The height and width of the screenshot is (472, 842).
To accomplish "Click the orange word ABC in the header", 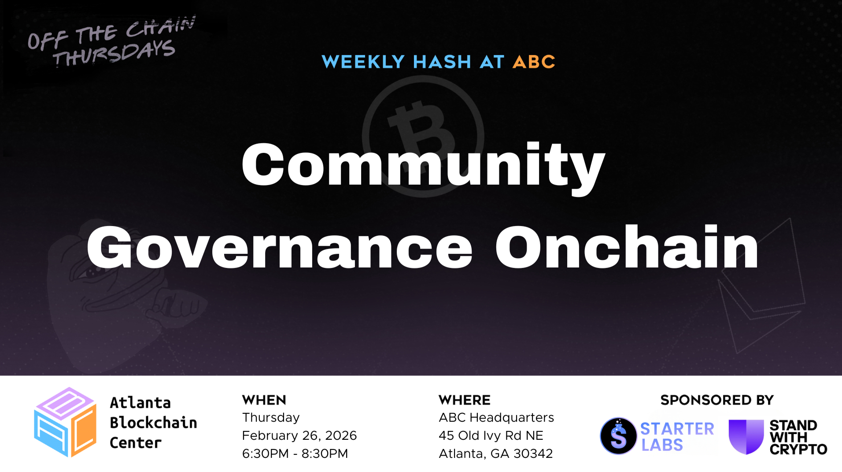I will pyautogui.click(x=534, y=62).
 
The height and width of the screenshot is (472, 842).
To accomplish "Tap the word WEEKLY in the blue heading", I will pyautogui.click(x=363, y=62).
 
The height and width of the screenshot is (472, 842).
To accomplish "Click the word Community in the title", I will pyautogui.click(x=423, y=165).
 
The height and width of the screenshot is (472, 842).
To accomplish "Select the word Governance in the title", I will pyautogui.click(x=279, y=248).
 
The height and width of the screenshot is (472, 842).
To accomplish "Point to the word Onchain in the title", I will pyautogui.click(x=627, y=248).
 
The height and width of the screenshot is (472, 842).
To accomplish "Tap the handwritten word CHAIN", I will pyautogui.click(x=160, y=27).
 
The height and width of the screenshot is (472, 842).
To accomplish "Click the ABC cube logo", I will pyautogui.click(x=65, y=422).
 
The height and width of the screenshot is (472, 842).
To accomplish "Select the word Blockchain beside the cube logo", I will pyautogui.click(x=153, y=423).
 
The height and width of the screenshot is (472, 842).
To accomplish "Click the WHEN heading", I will pyautogui.click(x=264, y=400).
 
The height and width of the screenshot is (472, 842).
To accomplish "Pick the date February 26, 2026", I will pyautogui.click(x=299, y=435).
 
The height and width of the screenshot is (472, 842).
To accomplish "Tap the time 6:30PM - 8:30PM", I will pyautogui.click(x=295, y=453).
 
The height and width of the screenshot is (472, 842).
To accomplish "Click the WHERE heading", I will pyautogui.click(x=465, y=400).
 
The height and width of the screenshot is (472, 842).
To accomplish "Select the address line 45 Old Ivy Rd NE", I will pyautogui.click(x=491, y=435).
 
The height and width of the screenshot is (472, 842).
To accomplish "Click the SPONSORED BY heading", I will pyautogui.click(x=717, y=400).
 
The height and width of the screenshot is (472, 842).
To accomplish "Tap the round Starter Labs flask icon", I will pyautogui.click(x=618, y=436).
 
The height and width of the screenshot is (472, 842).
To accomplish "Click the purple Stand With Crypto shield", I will pyautogui.click(x=746, y=436).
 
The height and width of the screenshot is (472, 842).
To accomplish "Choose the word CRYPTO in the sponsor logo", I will pyautogui.click(x=798, y=450).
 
